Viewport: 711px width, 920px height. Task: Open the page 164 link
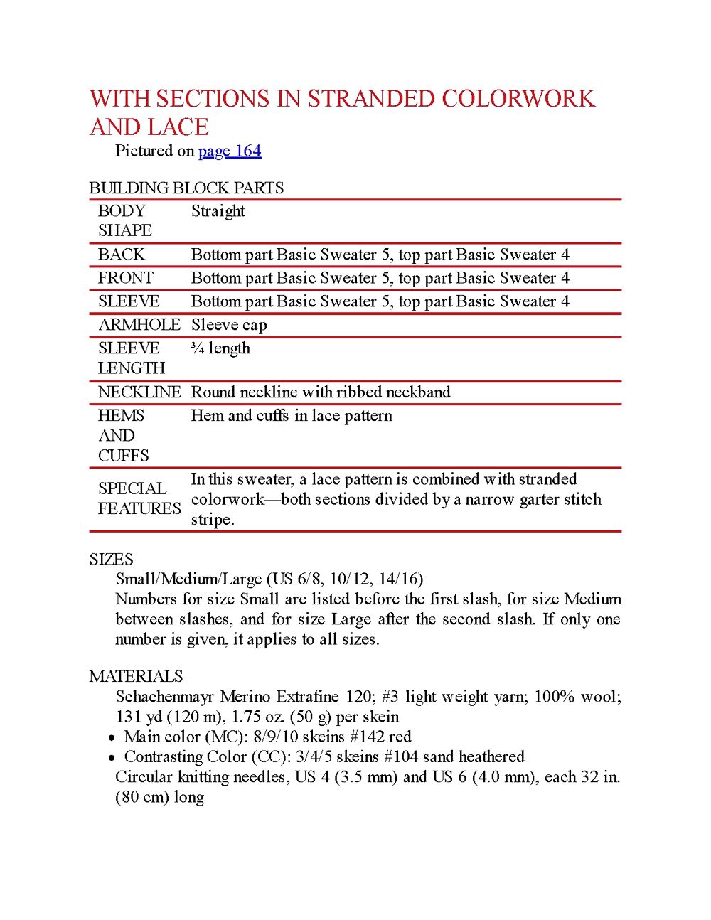[x=230, y=151]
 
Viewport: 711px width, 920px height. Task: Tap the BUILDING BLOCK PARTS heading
[x=186, y=188]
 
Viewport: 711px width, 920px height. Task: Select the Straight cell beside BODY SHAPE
[x=218, y=211]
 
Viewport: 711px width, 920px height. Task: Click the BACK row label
[x=121, y=255]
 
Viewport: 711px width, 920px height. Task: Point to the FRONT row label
[x=125, y=278]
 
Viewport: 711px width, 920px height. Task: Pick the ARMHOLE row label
[x=139, y=325]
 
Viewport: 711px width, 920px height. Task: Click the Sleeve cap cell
[x=229, y=325]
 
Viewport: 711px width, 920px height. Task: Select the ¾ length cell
[x=220, y=348]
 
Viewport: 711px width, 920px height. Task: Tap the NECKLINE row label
[x=139, y=392]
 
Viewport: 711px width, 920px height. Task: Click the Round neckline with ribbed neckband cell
[x=321, y=392]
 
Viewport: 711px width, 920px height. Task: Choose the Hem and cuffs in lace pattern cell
[x=292, y=416]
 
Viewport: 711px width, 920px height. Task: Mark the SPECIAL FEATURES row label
[x=139, y=498]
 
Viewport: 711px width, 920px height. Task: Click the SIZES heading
[x=111, y=559]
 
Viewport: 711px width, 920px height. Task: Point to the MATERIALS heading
[x=136, y=676]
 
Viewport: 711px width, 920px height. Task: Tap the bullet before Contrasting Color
[x=112, y=758]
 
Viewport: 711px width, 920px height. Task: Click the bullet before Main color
[x=112, y=738]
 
